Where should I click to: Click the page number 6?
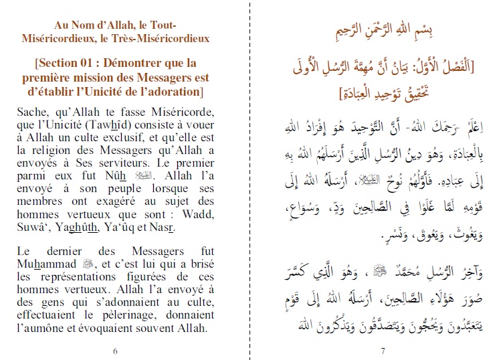116,350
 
